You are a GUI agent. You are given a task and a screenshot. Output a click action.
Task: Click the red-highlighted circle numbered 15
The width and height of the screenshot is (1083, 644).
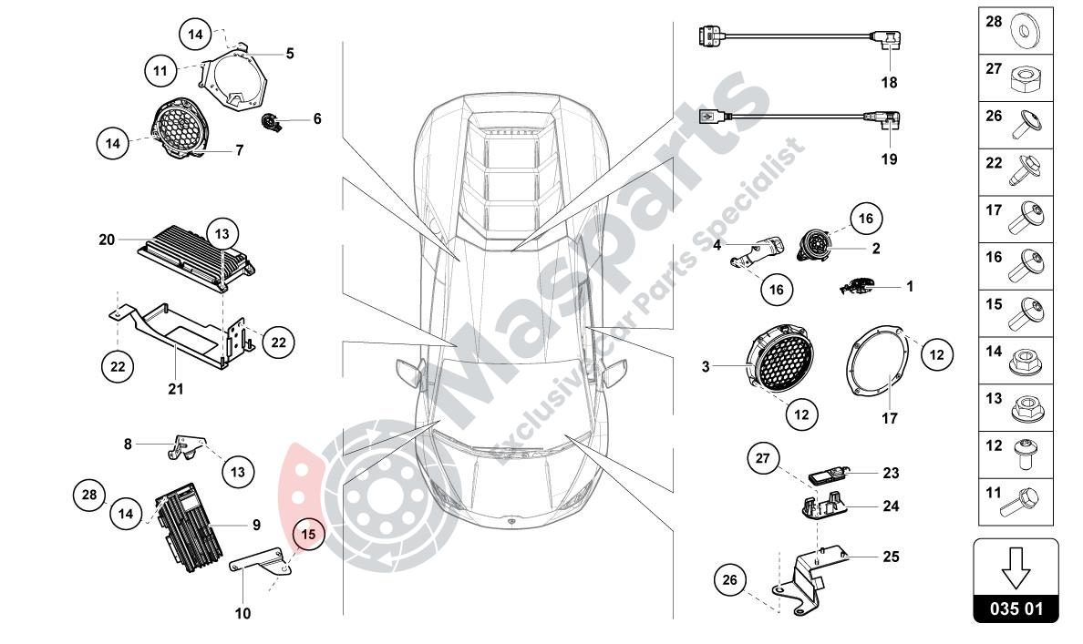tap(308, 535)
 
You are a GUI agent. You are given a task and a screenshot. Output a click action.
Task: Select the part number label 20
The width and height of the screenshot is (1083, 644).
tap(108, 240)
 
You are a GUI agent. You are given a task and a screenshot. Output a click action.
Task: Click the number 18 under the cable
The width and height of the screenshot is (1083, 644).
tap(889, 82)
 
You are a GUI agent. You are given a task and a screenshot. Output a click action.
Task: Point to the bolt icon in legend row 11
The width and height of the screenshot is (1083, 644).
tap(1028, 500)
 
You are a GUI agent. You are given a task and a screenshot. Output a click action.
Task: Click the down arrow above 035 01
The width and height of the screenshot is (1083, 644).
tap(1016, 570)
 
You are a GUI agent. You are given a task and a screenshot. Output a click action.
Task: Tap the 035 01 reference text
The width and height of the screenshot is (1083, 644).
tap(1016, 608)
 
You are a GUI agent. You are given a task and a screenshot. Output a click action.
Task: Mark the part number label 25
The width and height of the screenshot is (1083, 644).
tap(891, 555)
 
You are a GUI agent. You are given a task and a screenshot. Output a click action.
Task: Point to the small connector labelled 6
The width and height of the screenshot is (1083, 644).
tap(272, 121)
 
